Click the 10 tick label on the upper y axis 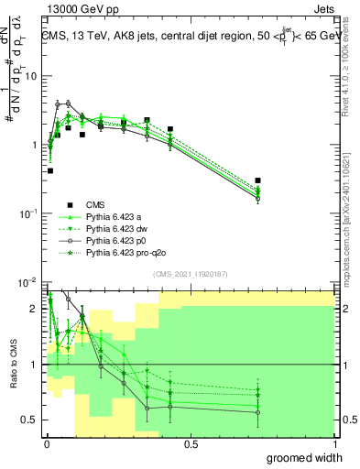[32, 76]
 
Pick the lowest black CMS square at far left [49, 170]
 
